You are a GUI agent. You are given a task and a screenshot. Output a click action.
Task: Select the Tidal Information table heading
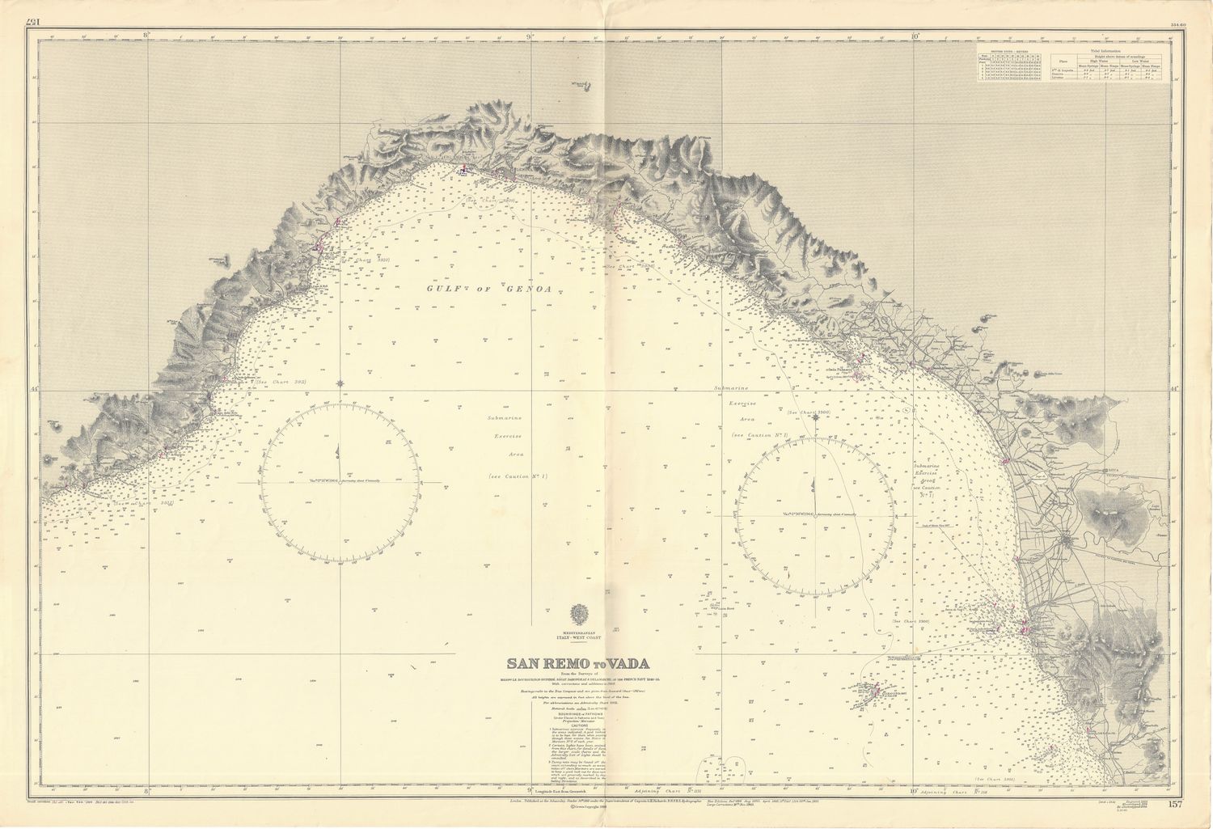[x=1107, y=50]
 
